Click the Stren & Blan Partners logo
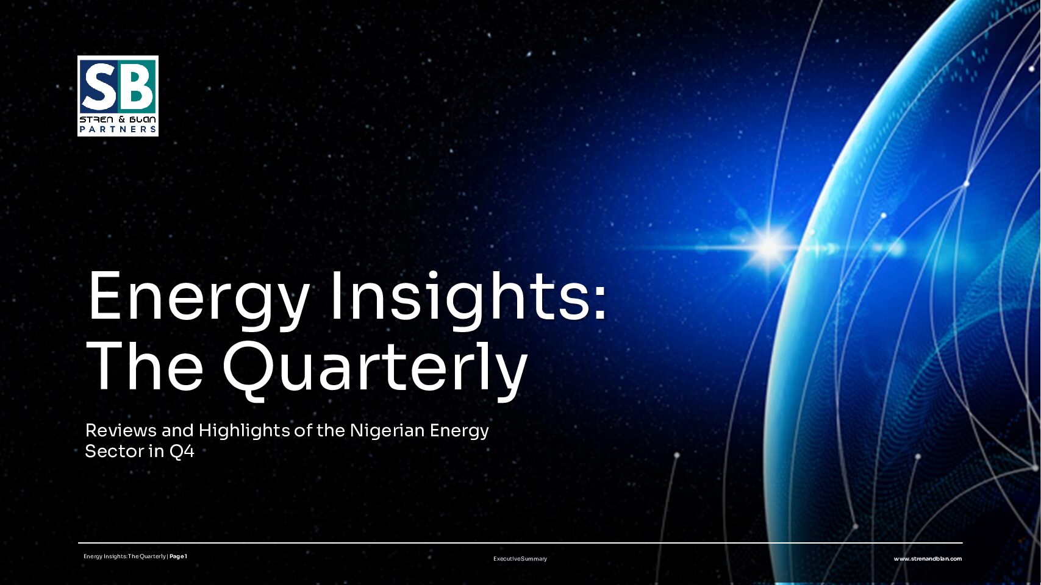118,96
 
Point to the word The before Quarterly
146,367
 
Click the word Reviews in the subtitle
121,430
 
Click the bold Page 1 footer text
179,556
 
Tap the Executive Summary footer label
520,559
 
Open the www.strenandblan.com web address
928,559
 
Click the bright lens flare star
770,246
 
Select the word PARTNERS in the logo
118,129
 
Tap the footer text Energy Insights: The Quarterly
125,556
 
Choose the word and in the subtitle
177,430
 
